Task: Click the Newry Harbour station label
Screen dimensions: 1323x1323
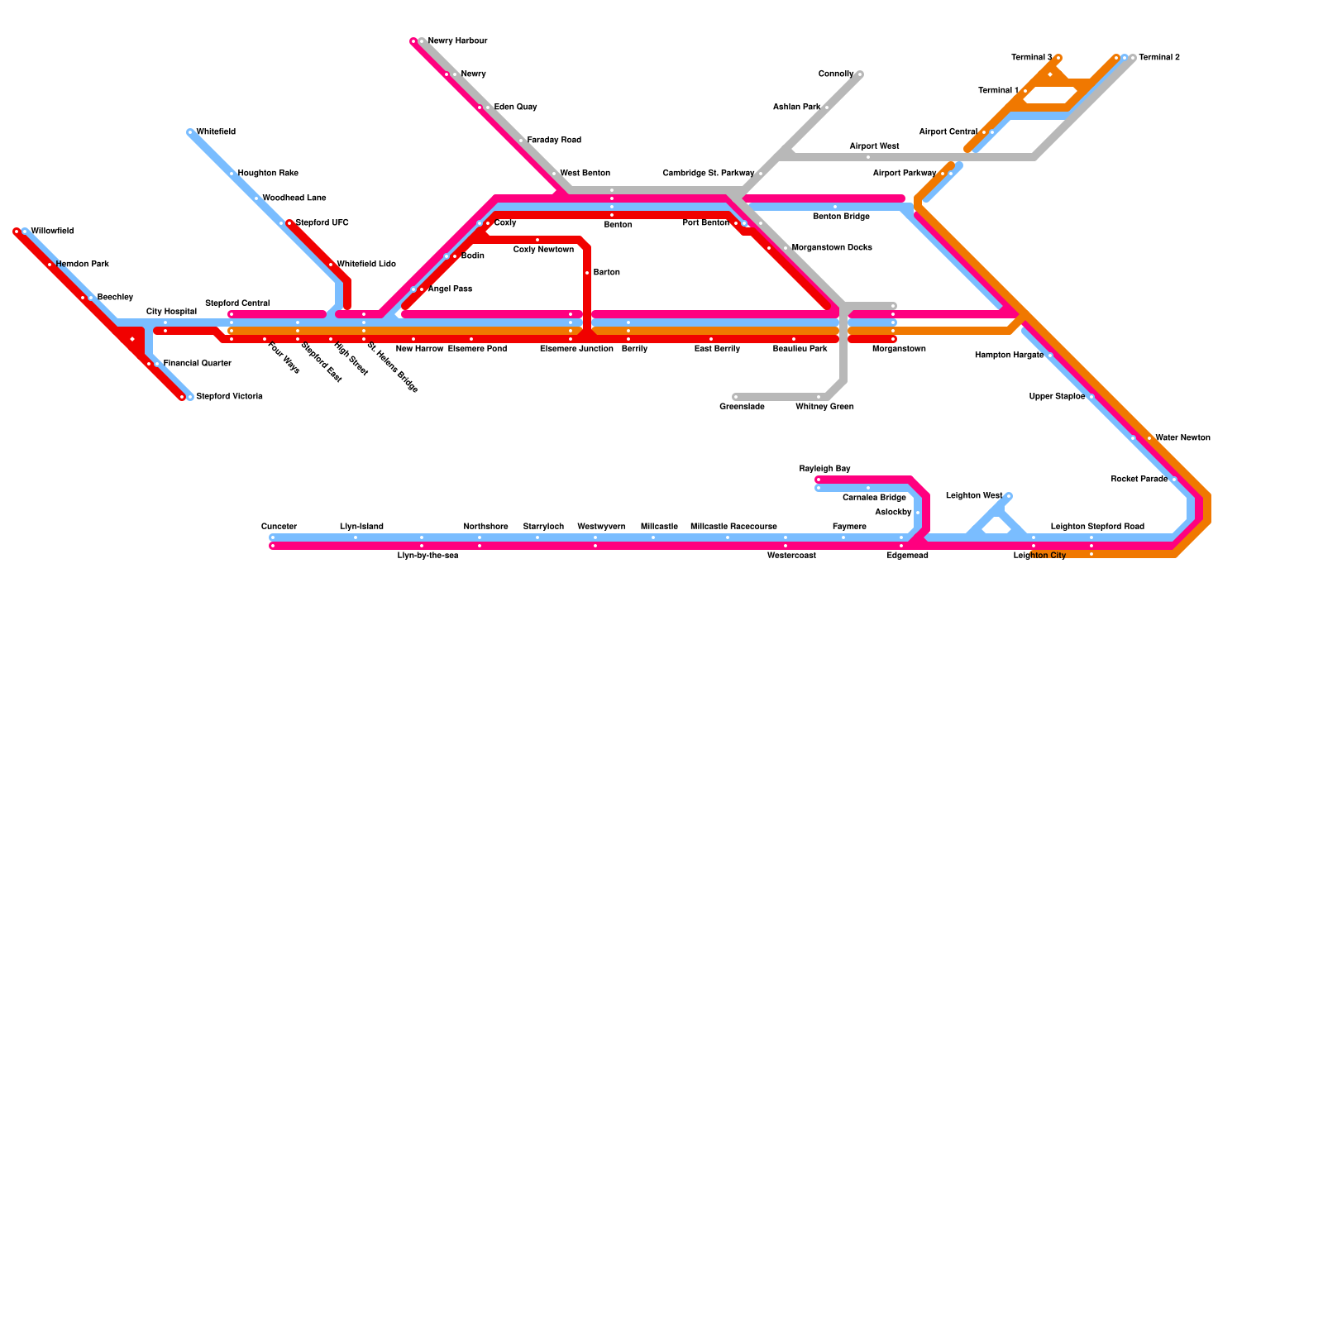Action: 457,41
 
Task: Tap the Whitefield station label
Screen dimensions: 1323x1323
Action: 216,132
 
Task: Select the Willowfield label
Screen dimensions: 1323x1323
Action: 52,232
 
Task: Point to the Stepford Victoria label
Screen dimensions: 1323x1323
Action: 229,397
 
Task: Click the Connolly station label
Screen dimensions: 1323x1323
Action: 835,74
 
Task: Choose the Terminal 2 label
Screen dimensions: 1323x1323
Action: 1159,58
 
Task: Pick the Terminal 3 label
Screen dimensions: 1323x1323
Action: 1031,58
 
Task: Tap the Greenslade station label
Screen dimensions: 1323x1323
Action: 742,407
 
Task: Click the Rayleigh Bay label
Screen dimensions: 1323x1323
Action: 824,469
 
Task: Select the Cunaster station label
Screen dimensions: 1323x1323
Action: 279,527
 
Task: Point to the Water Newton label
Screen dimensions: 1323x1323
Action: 1182,438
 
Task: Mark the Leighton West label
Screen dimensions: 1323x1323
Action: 973,496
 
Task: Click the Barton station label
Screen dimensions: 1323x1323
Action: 606,273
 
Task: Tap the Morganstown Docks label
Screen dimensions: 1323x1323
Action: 831,248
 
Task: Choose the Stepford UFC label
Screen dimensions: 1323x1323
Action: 322,223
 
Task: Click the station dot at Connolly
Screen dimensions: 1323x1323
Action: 860,74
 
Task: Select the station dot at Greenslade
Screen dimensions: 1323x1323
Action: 735,397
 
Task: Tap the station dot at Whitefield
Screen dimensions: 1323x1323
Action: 190,132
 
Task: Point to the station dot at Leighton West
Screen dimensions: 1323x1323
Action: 1009,496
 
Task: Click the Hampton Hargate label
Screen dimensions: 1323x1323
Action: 1009,356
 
